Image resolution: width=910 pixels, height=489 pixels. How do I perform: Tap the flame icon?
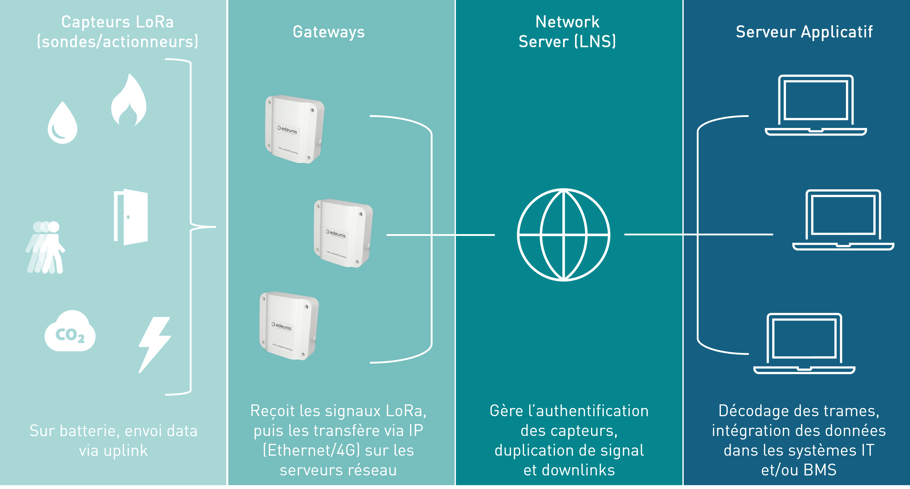[x=129, y=101]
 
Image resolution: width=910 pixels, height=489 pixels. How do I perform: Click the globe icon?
[x=564, y=235]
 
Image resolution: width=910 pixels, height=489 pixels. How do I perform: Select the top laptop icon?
[x=816, y=105]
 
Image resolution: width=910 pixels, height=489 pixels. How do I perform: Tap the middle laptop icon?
[x=843, y=220]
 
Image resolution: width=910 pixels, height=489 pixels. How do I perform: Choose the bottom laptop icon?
[x=804, y=343]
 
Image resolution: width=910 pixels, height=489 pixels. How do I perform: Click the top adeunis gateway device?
[x=294, y=129]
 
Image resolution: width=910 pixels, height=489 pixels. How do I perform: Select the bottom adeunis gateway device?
[x=289, y=326]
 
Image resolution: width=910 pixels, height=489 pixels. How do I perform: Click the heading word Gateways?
[x=329, y=32]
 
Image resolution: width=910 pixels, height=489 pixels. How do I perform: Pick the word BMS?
[x=820, y=470]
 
